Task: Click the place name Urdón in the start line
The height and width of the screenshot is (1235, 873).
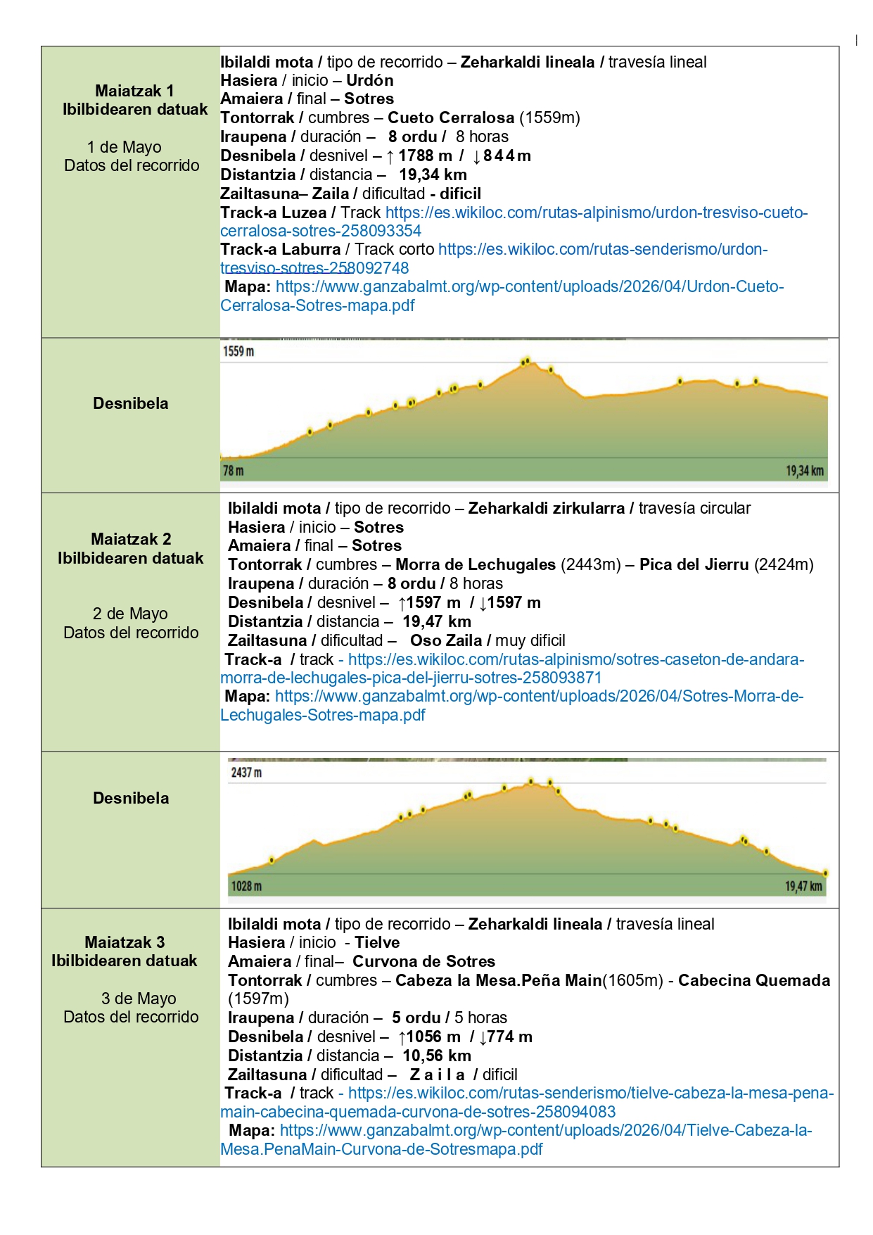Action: [x=369, y=80]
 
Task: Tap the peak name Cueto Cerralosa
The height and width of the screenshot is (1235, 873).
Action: [x=451, y=118]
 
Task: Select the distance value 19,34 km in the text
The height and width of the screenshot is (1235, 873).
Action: [x=433, y=175]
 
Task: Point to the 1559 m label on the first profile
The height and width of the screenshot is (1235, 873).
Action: [x=238, y=351]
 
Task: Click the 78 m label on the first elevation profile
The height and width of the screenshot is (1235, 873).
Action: [x=234, y=470]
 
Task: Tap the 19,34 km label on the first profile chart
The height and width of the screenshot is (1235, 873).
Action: [x=804, y=471]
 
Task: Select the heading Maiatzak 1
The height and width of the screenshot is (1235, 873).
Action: [x=134, y=91]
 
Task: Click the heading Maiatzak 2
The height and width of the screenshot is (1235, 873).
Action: [x=131, y=539]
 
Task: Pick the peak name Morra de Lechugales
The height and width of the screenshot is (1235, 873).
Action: [x=476, y=564]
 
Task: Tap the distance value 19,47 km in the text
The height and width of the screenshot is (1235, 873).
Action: [x=437, y=621]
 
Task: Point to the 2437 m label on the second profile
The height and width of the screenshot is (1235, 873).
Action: [x=246, y=773]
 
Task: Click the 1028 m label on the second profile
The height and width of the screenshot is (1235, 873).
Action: [x=246, y=886]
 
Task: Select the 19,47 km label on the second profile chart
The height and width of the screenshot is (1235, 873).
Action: [x=803, y=886]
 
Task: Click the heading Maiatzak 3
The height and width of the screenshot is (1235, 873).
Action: [x=125, y=942]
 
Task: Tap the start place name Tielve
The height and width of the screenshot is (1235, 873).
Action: [x=377, y=942]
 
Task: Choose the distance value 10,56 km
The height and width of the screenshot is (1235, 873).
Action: [x=437, y=1056]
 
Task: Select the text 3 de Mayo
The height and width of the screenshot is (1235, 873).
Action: [x=139, y=999]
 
